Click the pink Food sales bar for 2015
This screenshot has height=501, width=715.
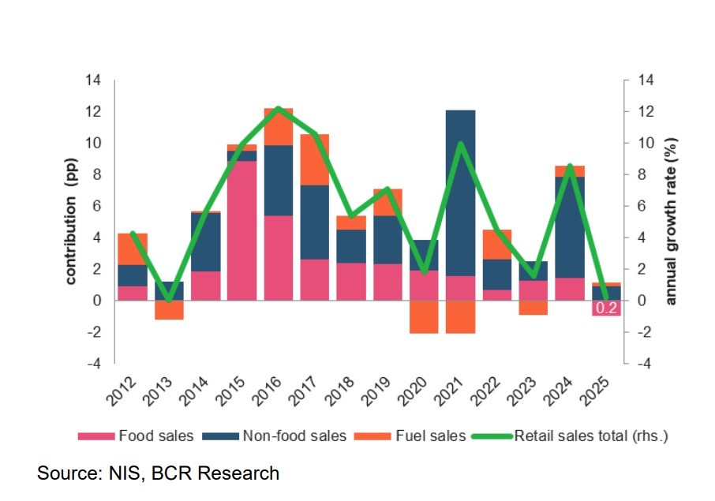pos(242,230)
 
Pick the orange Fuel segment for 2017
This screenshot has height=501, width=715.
pos(315,159)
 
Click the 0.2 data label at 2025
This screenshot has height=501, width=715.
pos(606,308)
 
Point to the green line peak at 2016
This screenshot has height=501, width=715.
pos(279,108)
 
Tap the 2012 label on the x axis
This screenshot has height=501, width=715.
pos(125,392)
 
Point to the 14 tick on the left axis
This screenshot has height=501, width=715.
pos(94,80)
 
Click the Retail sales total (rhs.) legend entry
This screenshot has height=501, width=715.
pos(592,436)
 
